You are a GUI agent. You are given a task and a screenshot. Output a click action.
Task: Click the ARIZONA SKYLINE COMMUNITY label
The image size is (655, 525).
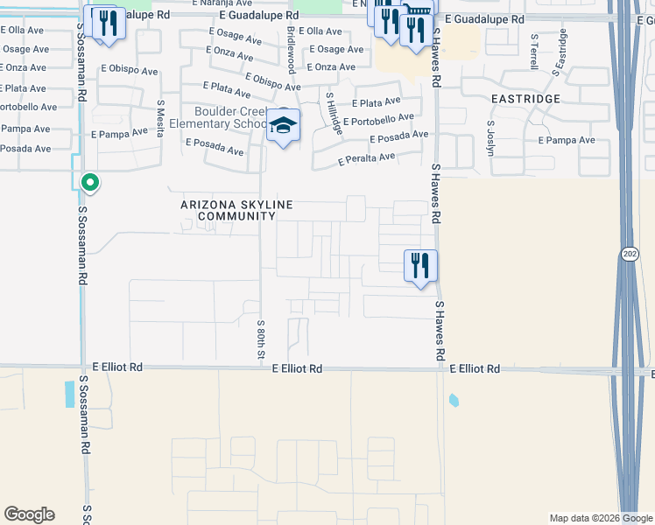[236, 210]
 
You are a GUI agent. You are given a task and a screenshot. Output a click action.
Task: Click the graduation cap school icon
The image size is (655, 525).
[284, 126]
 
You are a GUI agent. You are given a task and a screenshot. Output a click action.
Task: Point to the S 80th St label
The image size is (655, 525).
[261, 339]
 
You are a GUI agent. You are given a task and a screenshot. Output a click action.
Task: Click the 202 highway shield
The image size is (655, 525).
[630, 254]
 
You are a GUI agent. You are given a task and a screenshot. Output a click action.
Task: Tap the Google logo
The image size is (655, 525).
[29, 514]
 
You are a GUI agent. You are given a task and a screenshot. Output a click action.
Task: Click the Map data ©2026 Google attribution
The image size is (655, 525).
[601, 518]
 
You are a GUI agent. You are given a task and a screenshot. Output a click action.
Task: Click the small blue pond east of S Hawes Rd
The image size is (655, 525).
[453, 401]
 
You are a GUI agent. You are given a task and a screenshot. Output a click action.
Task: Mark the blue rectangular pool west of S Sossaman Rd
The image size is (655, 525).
[70, 394]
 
